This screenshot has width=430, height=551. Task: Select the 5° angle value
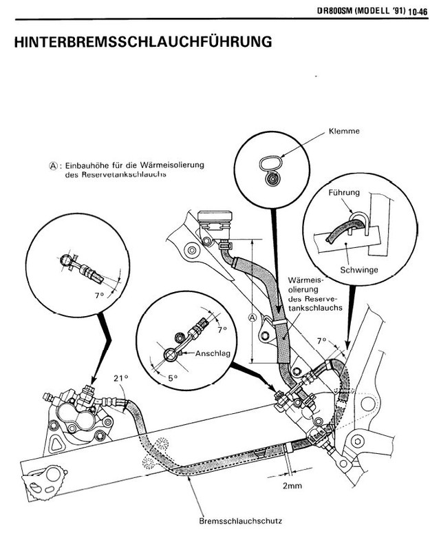pyautogui.click(x=172, y=377)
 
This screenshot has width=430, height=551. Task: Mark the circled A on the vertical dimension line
pyautogui.click(x=252, y=318)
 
